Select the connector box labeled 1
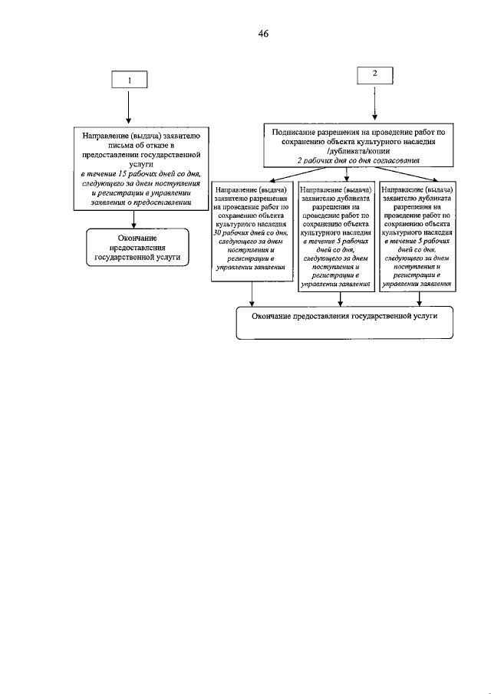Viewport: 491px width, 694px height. [x=129, y=80]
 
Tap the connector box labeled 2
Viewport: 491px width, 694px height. [x=374, y=74]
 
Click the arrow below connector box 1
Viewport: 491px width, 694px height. [x=129, y=107]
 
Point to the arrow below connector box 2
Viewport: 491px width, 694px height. [x=374, y=103]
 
